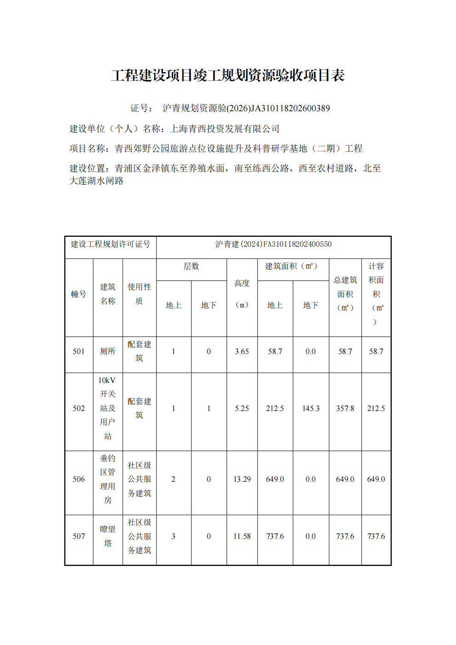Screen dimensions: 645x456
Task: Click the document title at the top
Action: click(x=228, y=75)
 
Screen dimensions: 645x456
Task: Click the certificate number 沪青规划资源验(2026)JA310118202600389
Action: click(x=246, y=108)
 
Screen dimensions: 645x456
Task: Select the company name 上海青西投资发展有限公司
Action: click(x=225, y=129)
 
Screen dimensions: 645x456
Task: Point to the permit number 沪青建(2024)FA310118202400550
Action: click(x=274, y=244)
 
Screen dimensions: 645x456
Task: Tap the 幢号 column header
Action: click(x=79, y=294)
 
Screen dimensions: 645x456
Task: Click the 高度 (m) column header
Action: click(x=242, y=294)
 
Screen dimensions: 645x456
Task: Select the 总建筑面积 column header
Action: click(x=345, y=294)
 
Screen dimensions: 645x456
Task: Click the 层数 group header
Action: click(x=191, y=267)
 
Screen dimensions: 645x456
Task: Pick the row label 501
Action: click(x=79, y=352)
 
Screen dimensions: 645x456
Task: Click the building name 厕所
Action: click(x=108, y=352)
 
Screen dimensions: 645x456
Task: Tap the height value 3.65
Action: click(x=242, y=352)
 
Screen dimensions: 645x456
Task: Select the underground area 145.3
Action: click(x=311, y=408)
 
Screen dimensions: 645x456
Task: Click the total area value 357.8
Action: click(x=345, y=408)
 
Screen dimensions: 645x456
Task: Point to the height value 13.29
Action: click(x=242, y=479)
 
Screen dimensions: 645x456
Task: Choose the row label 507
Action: click(x=79, y=537)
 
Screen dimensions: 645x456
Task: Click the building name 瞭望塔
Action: click(x=108, y=537)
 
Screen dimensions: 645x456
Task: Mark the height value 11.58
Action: click(x=242, y=537)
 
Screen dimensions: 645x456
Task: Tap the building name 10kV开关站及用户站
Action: click(x=108, y=408)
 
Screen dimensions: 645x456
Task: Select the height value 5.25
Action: click(x=242, y=408)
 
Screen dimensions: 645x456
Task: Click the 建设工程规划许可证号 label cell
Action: click(x=110, y=244)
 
